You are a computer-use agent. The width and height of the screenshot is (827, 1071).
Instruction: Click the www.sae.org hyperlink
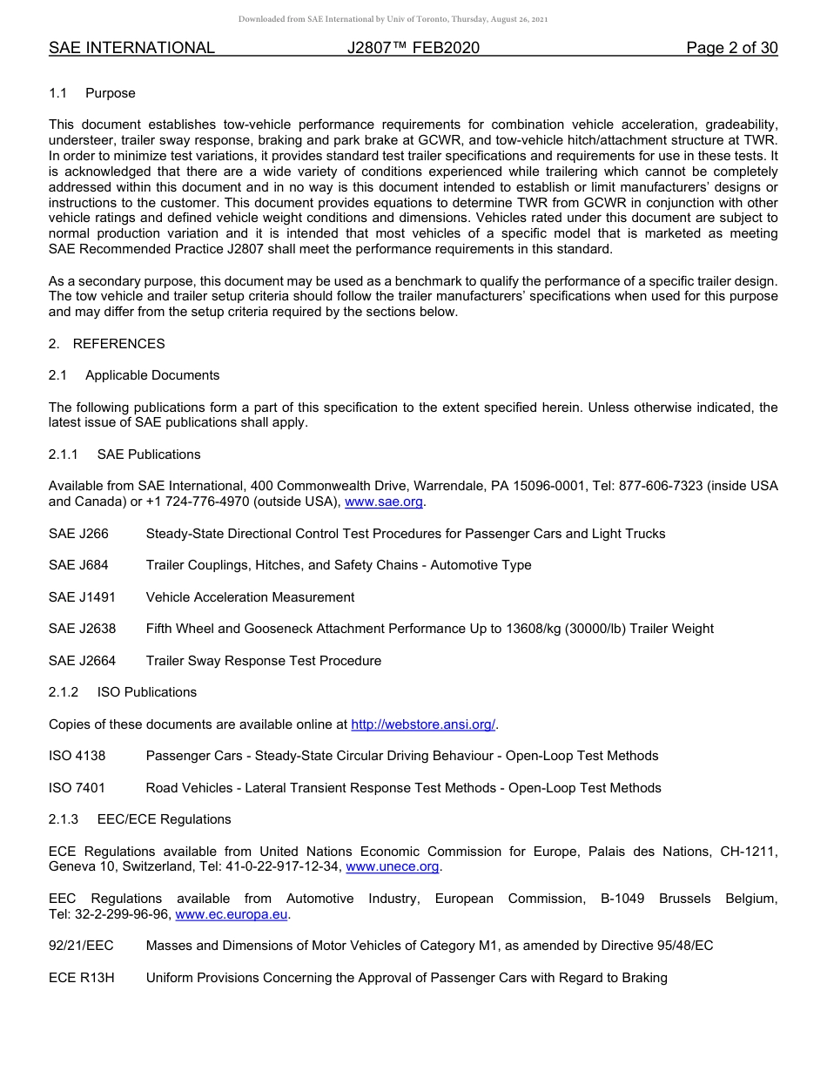[x=384, y=502]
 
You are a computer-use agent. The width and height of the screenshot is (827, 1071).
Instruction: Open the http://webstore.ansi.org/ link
[x=422, y=724]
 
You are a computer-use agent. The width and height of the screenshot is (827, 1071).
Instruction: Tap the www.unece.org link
[x=393, y=866]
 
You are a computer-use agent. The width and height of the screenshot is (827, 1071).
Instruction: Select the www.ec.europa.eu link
[x=232, y=914]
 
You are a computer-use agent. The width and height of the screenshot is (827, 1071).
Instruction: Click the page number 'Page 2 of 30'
[x=731, y=48]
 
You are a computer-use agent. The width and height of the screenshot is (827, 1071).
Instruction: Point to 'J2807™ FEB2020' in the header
[x=413, y=48]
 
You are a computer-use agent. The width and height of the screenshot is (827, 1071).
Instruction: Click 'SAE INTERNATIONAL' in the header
[x=131, y=48]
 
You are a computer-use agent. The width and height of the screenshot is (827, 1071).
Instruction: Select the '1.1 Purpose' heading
[x=92, y=93]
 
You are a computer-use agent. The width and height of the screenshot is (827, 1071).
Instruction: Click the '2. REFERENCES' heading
[x=107, y=344]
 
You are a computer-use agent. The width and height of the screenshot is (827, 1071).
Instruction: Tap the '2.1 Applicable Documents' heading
[x=134, y=375]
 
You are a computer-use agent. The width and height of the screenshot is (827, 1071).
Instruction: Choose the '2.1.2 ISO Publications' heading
[x=123, y=692]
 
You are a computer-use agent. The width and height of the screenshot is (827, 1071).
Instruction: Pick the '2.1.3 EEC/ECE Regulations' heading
[x=140, y=819]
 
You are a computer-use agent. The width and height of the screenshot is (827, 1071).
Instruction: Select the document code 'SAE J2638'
[x=82, y=629]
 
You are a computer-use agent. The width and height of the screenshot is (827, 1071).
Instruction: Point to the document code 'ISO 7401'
[x=77, y=788]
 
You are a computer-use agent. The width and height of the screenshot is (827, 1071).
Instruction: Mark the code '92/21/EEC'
[x=81, y=946]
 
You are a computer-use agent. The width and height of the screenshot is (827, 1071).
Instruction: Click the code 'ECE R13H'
[x=81, y=978]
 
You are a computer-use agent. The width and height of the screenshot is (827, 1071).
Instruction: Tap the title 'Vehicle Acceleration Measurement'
[x=250, y=597]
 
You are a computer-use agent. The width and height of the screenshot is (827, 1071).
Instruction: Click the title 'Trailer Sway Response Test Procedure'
[x=263, y=661]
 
